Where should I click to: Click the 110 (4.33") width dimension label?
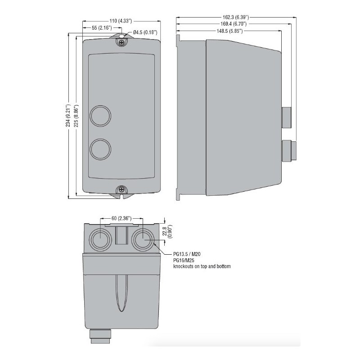[x=121, y=21]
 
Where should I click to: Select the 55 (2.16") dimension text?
[x=102, y=28]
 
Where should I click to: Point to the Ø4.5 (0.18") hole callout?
[x=145, y=32]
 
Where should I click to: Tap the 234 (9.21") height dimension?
[x=68, y=116]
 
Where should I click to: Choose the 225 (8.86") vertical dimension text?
[x=76, y=116]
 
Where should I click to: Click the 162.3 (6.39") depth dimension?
[x=236, y=17]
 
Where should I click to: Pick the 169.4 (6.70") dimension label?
[x=234, y=24]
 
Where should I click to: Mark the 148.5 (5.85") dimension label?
[x=229, y=31]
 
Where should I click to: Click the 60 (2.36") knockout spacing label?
[x=121, y=218]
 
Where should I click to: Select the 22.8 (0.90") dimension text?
[x=167, y=231]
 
